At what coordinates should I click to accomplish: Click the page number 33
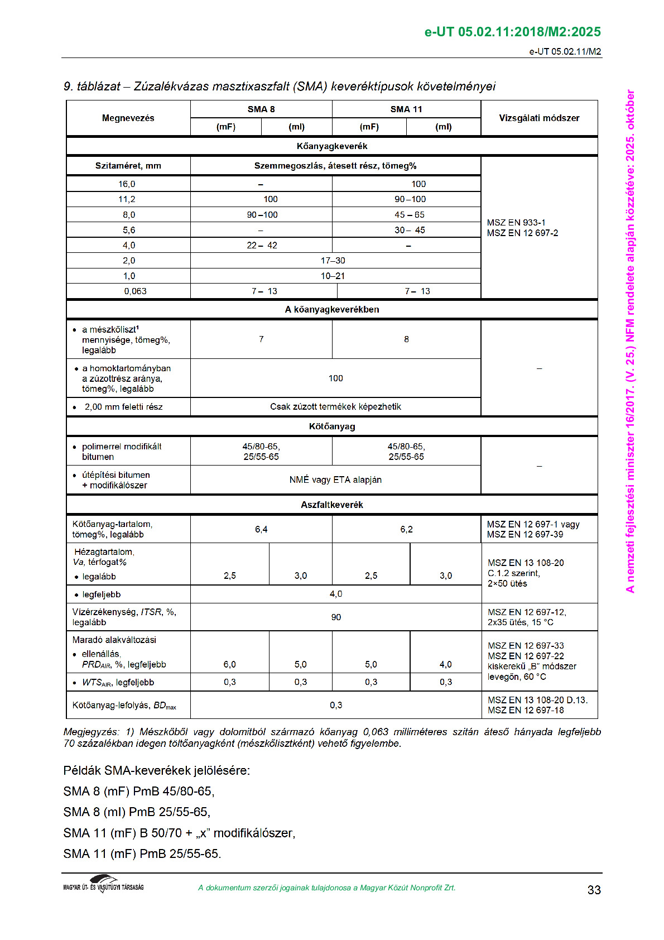point(594,890)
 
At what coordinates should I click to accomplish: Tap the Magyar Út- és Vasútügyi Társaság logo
point(103,884)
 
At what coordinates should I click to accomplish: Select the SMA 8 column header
point(261,109)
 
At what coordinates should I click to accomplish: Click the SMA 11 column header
point(406,109)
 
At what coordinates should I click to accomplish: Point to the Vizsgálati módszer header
point(539,118)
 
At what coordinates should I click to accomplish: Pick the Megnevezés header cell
point(128,118)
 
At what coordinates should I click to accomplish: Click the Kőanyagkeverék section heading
point(332,146)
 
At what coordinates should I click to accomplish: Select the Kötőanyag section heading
point(332,426)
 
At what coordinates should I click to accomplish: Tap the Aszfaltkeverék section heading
point(332,505)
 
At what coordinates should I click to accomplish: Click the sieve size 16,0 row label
point(127,184)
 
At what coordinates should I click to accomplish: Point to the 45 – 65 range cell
point(409,215)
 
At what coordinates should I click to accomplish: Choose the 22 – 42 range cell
point(262,246)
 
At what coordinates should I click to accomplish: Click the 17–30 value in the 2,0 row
point(333,261)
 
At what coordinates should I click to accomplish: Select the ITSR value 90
point(336,617)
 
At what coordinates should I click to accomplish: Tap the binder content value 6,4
point(261,529)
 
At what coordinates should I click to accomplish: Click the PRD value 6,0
point(229,664)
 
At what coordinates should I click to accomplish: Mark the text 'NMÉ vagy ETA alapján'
point(335,480)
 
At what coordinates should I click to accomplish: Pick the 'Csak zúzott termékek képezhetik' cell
point(335,407)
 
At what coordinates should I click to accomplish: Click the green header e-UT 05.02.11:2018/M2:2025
point(513,32)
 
